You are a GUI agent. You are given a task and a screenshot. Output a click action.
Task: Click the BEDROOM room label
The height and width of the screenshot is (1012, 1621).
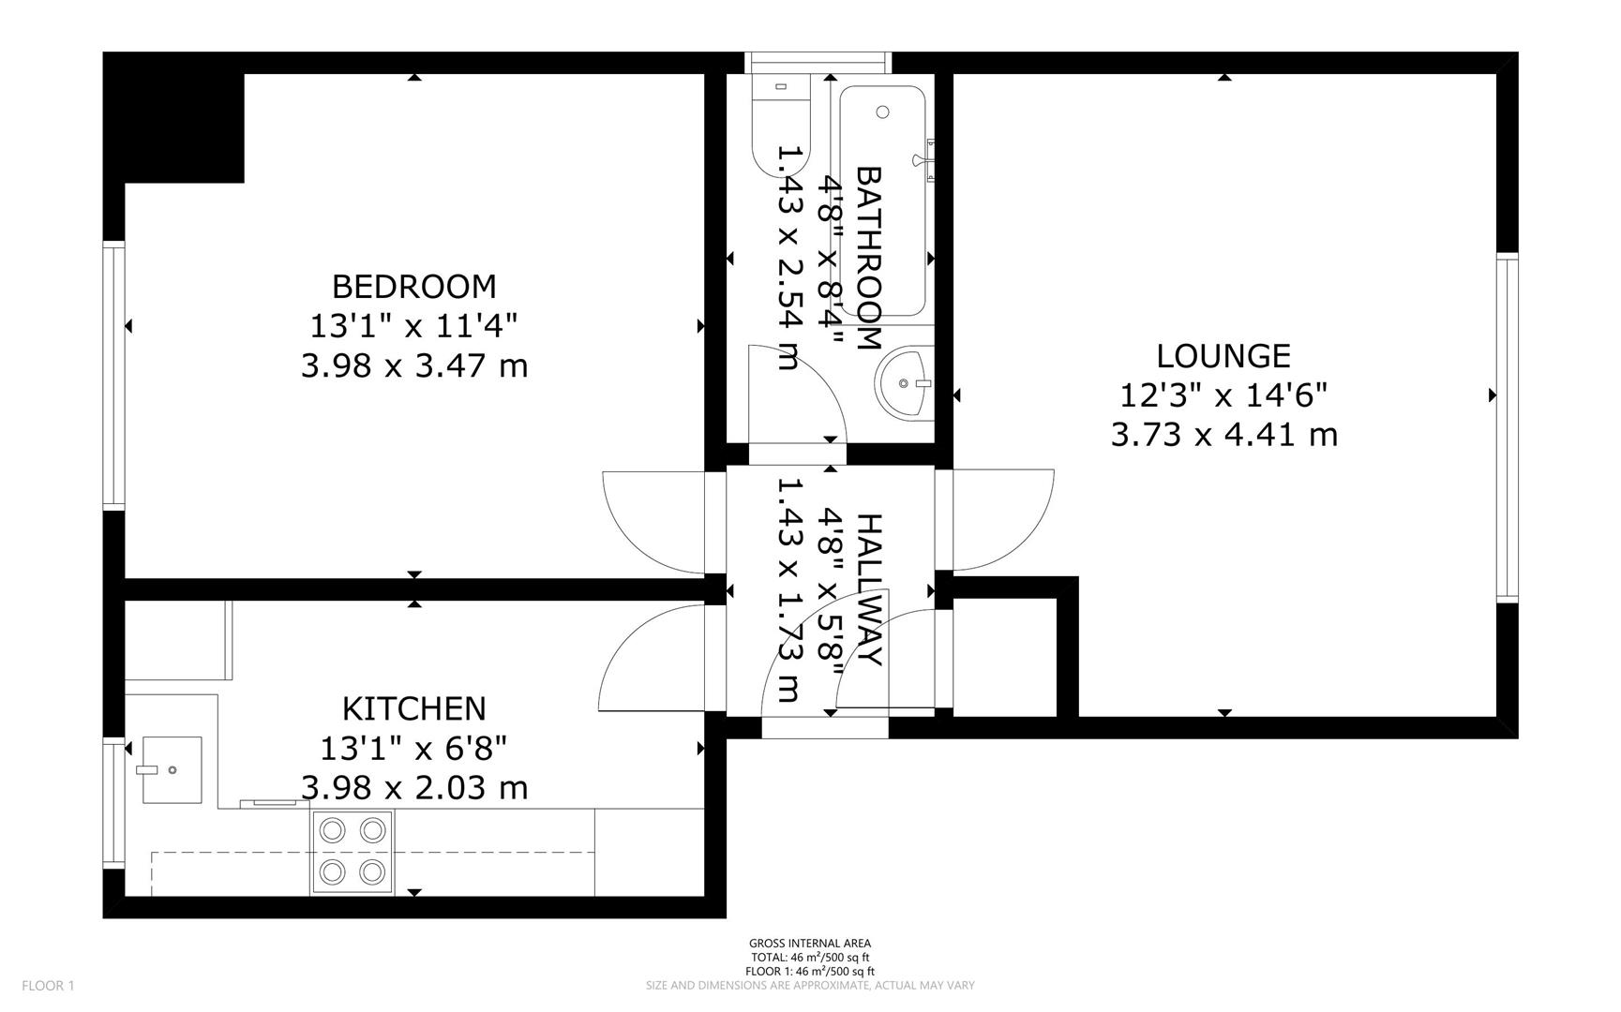point(413,286)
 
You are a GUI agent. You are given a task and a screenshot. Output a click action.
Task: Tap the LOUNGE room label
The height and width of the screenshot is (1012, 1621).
point(1223,356)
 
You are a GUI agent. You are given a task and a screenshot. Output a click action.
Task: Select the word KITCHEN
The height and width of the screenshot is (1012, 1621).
point(413,708)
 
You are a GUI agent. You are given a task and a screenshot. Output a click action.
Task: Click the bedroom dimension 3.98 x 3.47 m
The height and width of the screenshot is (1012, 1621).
point(413,365)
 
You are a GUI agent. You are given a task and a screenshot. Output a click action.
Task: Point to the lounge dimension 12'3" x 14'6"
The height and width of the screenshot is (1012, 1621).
point(1223,395)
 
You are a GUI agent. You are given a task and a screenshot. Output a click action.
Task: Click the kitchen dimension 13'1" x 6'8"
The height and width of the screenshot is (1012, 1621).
point(413,749)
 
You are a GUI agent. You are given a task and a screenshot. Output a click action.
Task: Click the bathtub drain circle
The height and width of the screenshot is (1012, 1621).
point(882,112)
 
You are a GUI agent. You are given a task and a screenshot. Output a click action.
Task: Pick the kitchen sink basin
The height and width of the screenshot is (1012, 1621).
point(172,769)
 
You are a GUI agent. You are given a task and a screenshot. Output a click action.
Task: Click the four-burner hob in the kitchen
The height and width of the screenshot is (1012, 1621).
point(353,851)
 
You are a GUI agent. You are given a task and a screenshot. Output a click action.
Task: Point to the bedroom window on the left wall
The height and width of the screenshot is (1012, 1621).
point(113,375)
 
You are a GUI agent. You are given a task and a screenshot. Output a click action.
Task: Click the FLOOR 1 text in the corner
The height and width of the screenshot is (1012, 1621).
point(48,985)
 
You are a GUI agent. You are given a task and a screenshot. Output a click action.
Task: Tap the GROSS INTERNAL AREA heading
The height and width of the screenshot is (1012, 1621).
point(809,944)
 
